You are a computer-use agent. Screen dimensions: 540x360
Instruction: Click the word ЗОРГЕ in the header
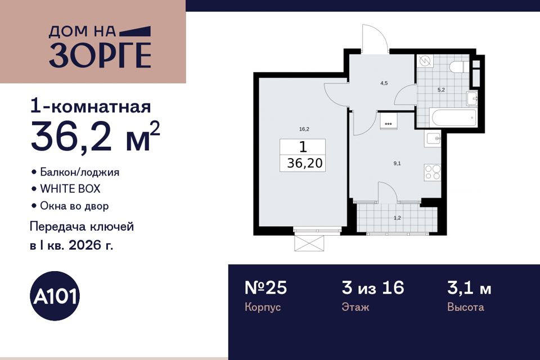pyautogui.click(x=100, y=56)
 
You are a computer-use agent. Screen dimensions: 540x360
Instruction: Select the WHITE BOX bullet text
pyautogui.click(x=70, y=189)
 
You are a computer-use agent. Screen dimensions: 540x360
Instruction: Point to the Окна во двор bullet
pyautogui.click(x=74, y=206)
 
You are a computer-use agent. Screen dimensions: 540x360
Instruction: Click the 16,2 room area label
pyautogui.click(x=304, y=129)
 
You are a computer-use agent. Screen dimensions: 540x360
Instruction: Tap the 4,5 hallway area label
pyautogui.click(x=384, y=83)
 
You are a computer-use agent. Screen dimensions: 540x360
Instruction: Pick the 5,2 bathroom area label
pyautogui.click(x=441, y=90)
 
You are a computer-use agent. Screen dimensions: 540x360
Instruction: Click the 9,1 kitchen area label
pyautogui.click(x=397, y=164)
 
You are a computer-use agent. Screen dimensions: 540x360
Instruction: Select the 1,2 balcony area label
pyautogui.click(x=397, y=218)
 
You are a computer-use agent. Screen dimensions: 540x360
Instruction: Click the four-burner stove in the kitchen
pyautogui.click(x=432, y=172)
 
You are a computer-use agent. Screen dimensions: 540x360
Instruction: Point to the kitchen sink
pyautogui.click(x=434, y=139)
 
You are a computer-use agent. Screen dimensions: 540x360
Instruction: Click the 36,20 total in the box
pyautogui.click(x=305, y=163)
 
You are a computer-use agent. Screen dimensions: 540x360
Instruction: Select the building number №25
pyautogui.click(x=265, y=288)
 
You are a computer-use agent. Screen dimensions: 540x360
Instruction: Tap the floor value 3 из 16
pyautogui.click(x=373, y=288)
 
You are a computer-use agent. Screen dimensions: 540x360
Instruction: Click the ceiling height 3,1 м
pyautogui.click(x=469, y=288)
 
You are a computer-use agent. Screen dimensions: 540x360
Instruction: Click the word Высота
pyautogui.click(x=466, y=307)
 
